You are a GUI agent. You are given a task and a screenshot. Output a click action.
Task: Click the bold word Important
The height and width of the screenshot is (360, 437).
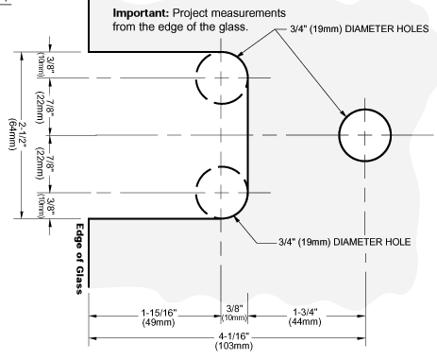coord(141,14)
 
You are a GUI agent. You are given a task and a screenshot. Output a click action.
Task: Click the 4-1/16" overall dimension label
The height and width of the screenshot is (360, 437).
coord(234,336)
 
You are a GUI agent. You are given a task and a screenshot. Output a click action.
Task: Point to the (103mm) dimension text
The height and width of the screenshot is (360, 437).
coord(234,346)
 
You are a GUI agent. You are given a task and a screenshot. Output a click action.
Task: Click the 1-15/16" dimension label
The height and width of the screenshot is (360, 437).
coord(159,313)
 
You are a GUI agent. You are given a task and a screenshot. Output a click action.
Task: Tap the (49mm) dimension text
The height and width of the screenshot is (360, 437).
coord(159,322)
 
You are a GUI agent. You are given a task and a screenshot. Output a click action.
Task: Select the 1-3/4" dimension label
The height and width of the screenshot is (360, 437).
coord(305,312)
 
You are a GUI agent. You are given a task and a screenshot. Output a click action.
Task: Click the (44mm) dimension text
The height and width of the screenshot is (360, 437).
coord(305,321)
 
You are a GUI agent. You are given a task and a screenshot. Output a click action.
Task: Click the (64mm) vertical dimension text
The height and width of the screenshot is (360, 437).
coord(12,134)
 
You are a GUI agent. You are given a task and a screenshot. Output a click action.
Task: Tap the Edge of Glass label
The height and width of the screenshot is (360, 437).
coord(79,259)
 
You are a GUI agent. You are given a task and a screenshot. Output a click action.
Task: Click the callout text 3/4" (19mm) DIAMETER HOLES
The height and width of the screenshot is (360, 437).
coord(360,29)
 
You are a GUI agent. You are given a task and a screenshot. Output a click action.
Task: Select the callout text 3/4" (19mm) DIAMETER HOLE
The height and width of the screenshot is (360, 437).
coord(345,242)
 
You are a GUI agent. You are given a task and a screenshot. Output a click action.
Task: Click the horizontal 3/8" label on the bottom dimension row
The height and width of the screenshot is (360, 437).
coord(234,308)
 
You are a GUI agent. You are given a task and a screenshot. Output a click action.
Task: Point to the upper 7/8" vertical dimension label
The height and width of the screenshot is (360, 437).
coord(50,108)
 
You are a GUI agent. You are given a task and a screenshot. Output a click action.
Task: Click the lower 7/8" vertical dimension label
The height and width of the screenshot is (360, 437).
coord(50,163)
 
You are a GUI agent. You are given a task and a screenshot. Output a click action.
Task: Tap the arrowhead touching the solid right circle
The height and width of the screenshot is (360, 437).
coord(343,113)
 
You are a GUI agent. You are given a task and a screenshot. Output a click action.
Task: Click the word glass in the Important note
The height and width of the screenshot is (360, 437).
coord(233,27)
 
